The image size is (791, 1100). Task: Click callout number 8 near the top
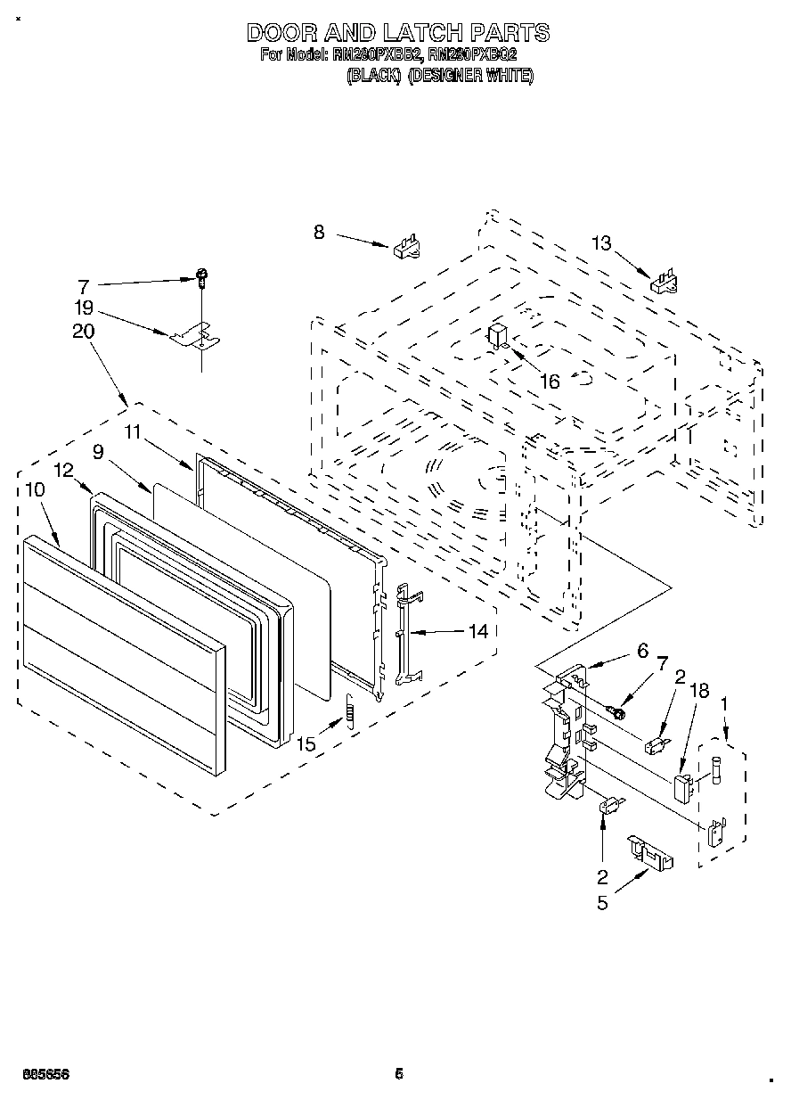(x=319, y=233)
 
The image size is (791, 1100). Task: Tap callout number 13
(x=602, y=242)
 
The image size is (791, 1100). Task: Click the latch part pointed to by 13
(x=665, y=282)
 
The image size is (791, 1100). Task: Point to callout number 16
(x=550, y=382)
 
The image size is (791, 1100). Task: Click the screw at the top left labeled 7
(x=202, y=280)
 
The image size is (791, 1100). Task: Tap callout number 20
(x=84, y=332)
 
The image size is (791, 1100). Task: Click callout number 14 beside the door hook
(x=478, y=631)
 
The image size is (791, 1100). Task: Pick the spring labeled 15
(x=350, y=712)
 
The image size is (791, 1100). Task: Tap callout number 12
(x=62, y=470)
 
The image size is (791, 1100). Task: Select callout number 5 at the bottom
(x=603, y=903)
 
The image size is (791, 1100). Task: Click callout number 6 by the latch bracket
(x=641, y=652)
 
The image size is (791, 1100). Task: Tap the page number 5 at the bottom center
(x=399, y=1074)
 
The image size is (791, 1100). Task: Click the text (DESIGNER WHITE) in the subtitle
(x=470, y=77)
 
